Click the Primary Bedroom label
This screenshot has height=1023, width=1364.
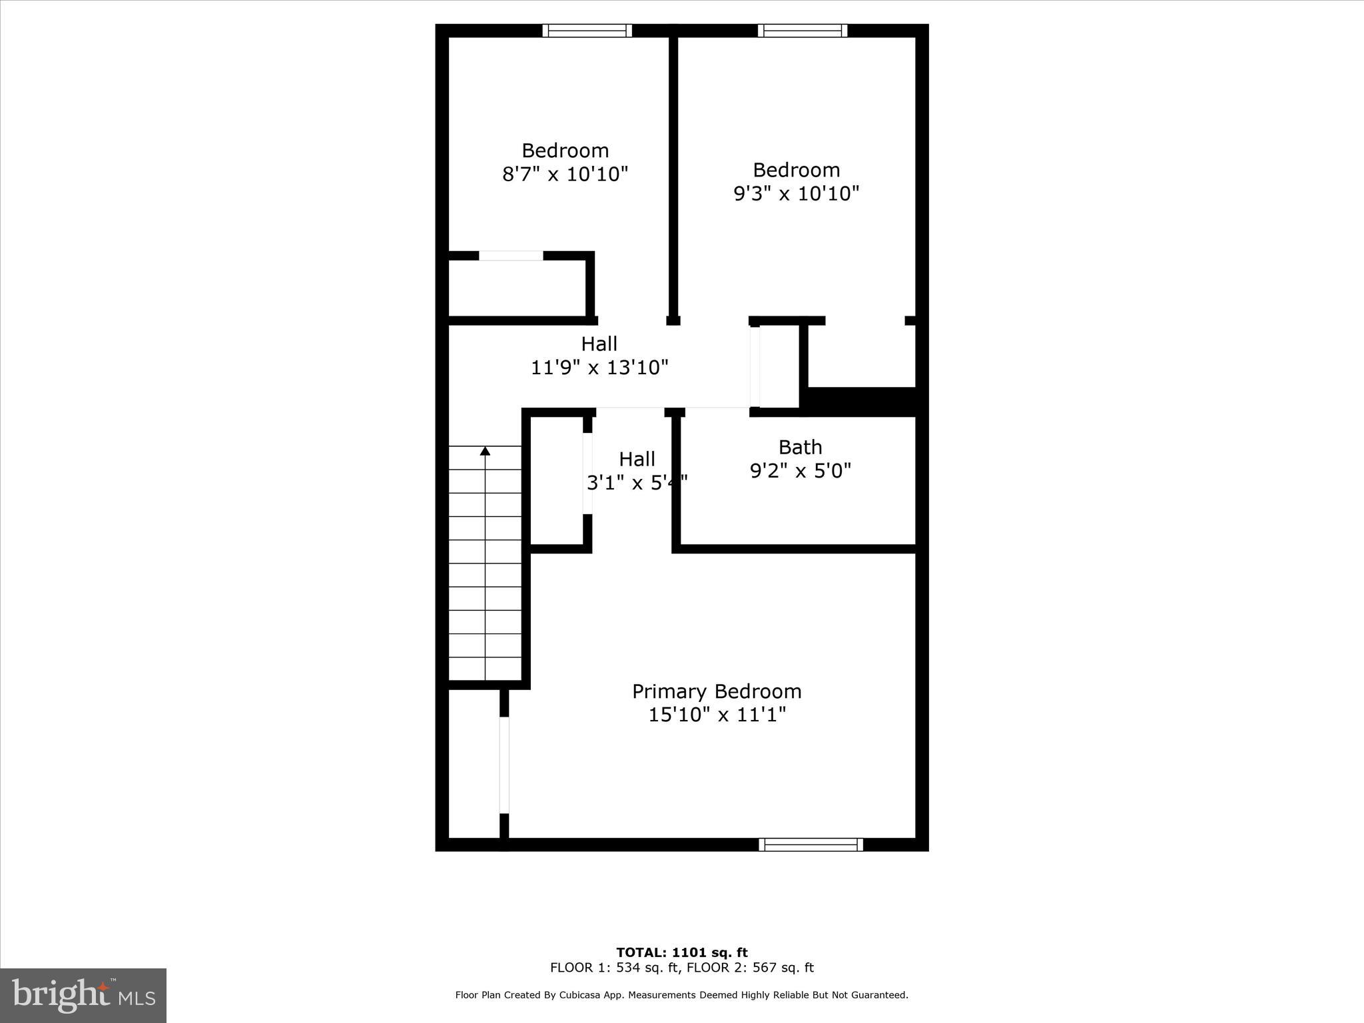click(x=717, y=691)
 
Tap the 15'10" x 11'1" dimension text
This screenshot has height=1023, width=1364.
click(x=717, y=715)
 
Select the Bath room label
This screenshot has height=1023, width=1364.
click(x=800, y=447)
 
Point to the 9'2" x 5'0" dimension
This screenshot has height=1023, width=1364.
click(x=801, y=471)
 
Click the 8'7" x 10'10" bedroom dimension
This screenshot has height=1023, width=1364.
click(x=565, y=174)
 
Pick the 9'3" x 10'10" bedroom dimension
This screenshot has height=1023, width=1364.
click(x=796, y=194)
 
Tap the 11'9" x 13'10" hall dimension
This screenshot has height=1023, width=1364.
click(x=599, y=368)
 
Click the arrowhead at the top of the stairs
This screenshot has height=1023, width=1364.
click(x=485, y=452)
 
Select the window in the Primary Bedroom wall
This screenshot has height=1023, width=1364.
click(x=811, y=845)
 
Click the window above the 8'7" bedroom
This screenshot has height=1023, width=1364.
click(x=587, y=31)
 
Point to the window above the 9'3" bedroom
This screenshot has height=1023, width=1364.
click(x=802, y=31)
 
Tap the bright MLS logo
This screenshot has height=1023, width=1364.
click(x=83, y=996)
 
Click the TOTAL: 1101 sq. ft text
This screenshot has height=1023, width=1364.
click(x=681, y=952)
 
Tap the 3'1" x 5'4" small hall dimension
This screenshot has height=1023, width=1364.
click(x=637, y=483)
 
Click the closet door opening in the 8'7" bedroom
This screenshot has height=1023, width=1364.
click(x=511, y=256)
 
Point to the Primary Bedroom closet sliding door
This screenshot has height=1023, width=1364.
click(x=504, y=765)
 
